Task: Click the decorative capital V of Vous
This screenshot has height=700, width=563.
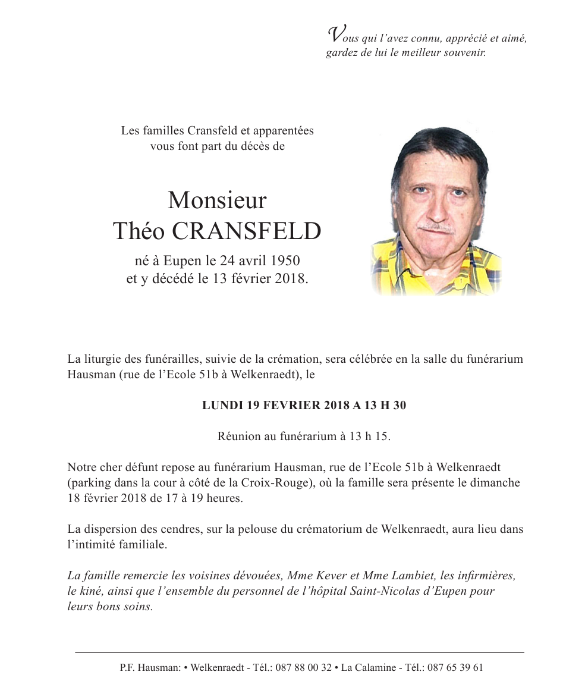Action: [335, 34]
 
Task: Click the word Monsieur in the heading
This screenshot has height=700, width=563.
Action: [217, 200]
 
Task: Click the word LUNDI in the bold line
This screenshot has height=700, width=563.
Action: [222, 406]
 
